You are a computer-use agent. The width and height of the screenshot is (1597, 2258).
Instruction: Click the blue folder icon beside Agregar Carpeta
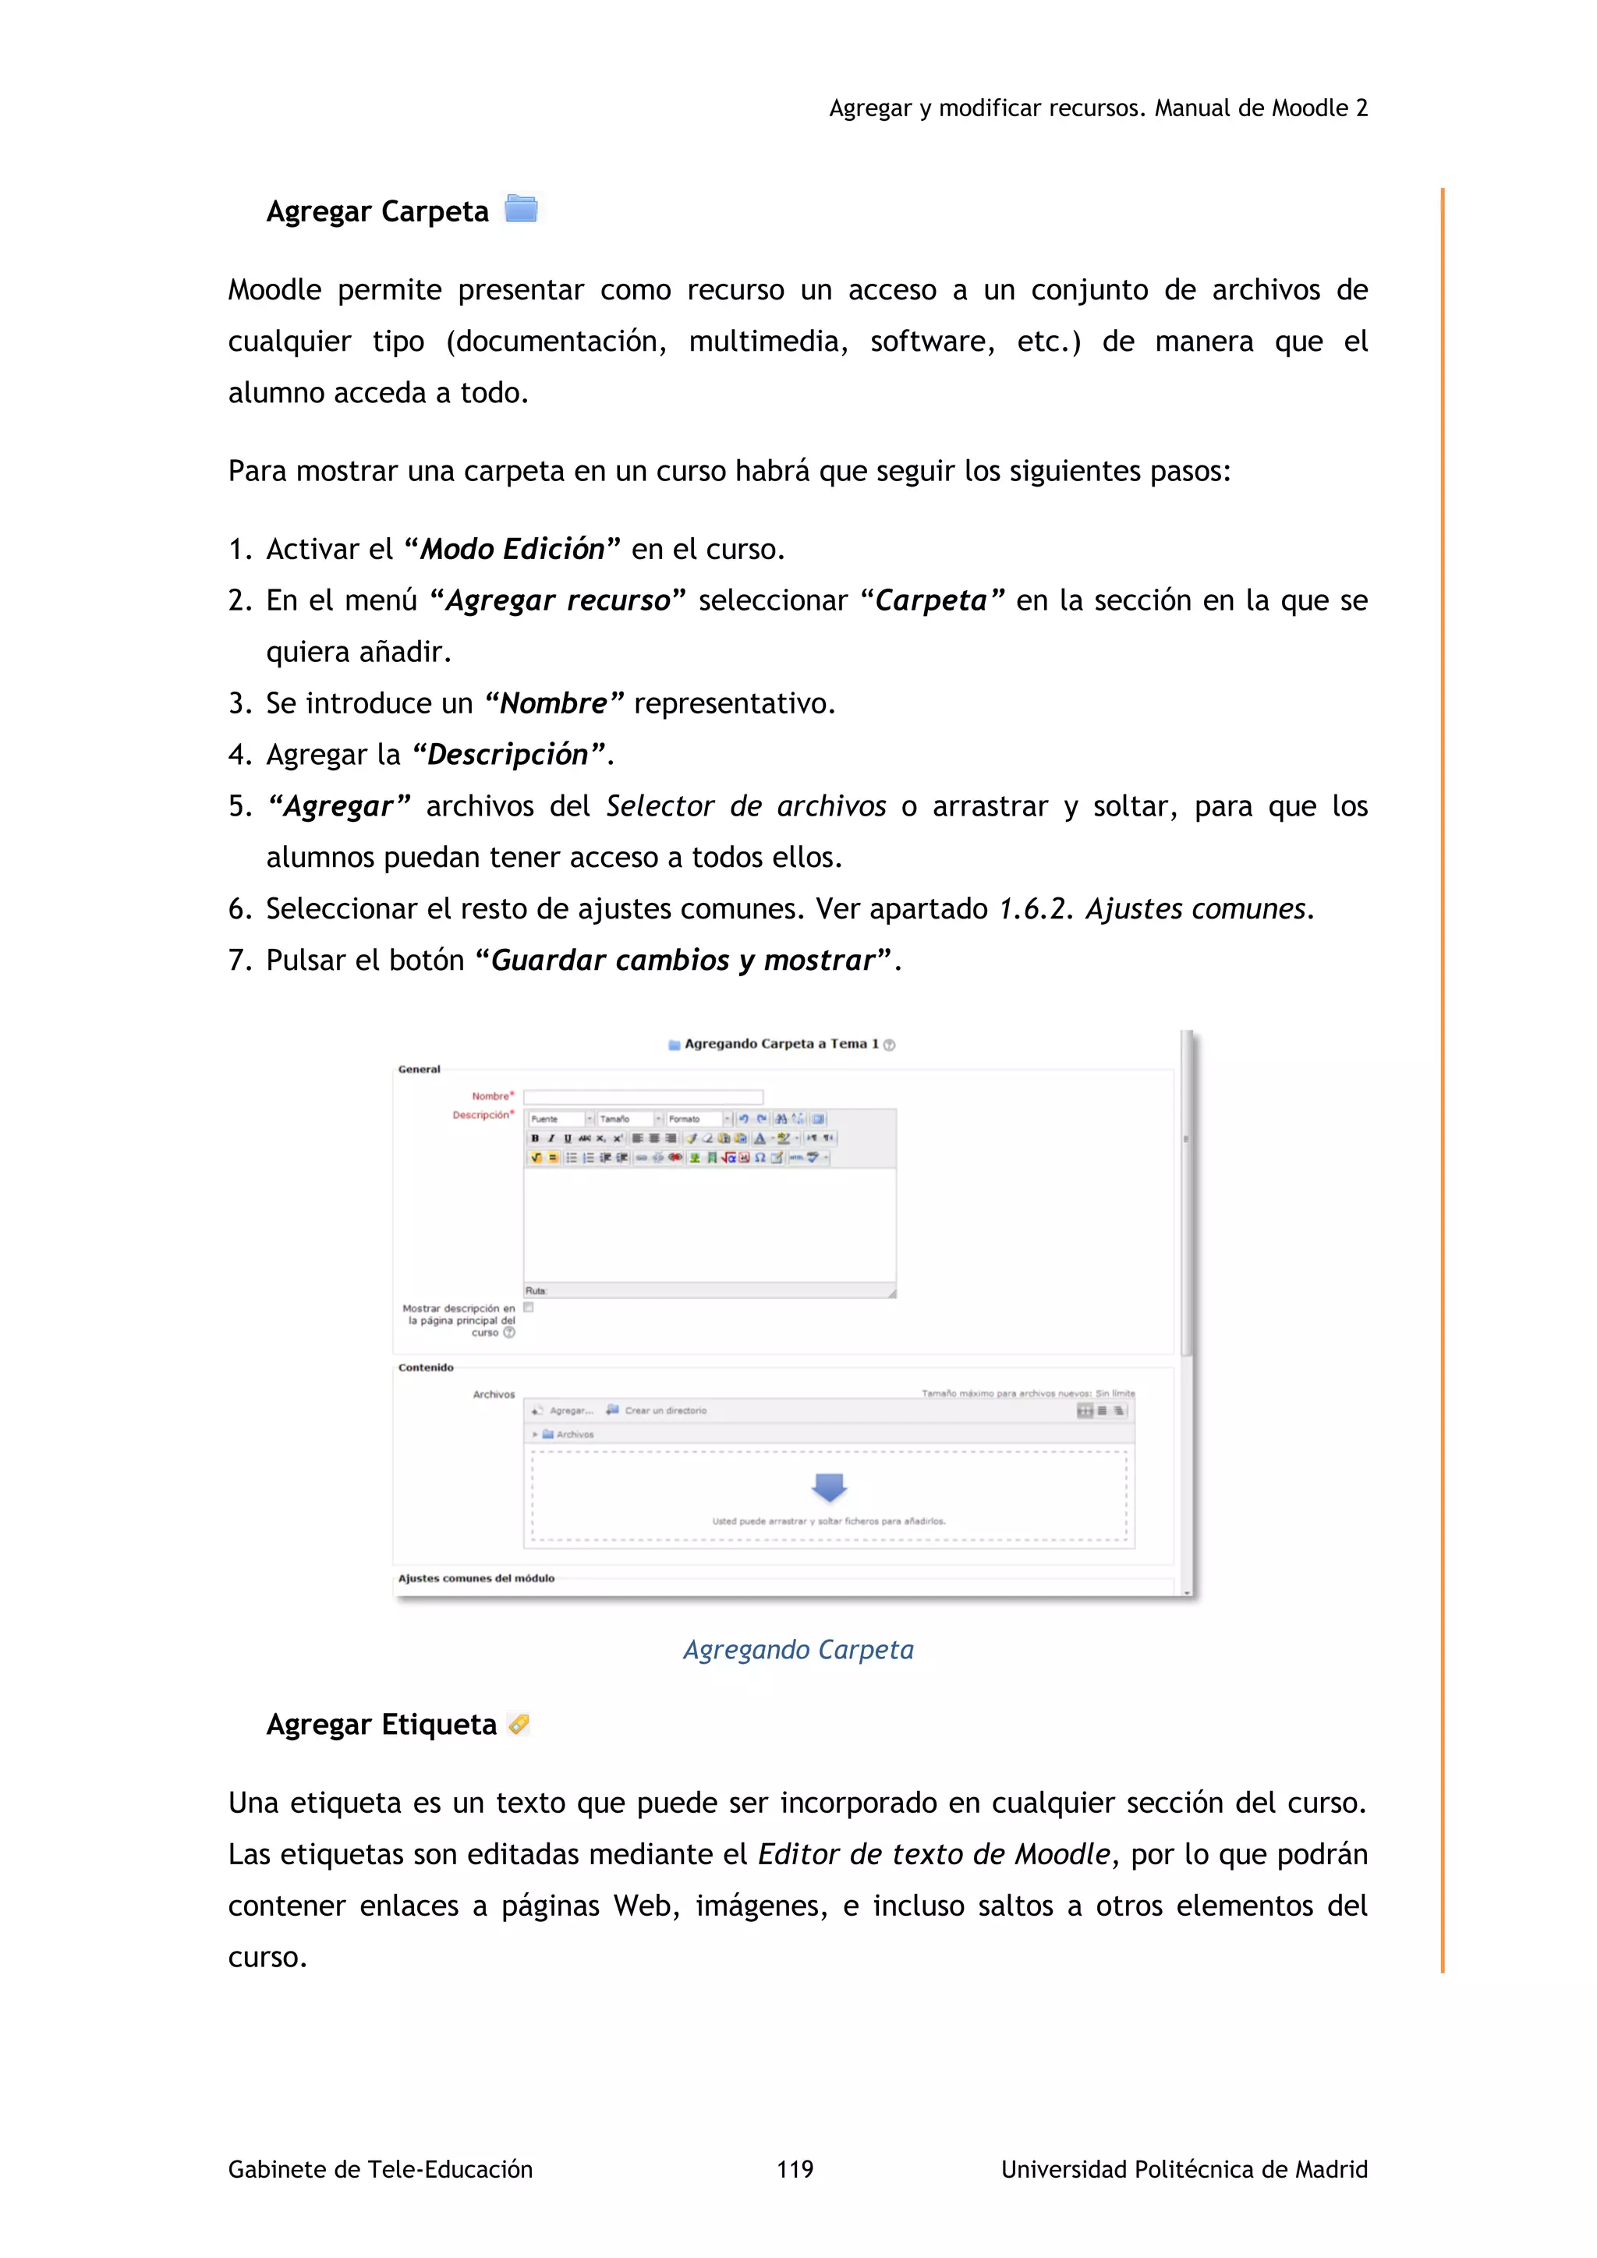pyautogui.click(x=520, y=208)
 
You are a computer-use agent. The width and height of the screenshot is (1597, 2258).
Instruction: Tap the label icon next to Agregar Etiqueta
pyautogui.click(x=519, y=1723)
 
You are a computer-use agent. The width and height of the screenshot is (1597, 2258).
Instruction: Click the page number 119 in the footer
pyautogui.click(x=795, y=2168)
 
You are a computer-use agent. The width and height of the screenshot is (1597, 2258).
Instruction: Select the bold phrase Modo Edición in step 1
pyautogui.click(x=512, y=549)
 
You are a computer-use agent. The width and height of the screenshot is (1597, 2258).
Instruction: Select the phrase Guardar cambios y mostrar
pyautogui.click(x=682, y=960)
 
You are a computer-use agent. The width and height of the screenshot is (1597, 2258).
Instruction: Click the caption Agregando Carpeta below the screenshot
pyautogui.click(x=798, y=1649)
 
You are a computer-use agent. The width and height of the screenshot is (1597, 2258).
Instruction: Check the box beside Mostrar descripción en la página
pyautogui.click(x=528, y=1307)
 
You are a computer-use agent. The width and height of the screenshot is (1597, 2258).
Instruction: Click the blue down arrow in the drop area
pyautogui.click(x=829, y=1486)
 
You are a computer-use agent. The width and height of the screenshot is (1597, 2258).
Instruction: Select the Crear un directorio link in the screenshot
pyautogui.click(x=664, y=1410)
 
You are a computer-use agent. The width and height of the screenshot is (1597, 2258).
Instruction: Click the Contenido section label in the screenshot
pyautogui.click(x=426, y=1367)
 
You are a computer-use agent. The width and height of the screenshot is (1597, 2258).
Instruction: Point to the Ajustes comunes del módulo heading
pyautogui.click(x=476, y=1577)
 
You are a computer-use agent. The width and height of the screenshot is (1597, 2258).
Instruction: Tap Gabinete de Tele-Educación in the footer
pyautogui.click(x=380, y=2168)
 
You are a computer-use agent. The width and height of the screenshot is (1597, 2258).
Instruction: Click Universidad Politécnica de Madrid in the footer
pyautogui.click(x=1183, y=2168)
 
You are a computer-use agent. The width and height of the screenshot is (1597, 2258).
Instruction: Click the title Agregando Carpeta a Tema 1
pyautogui.click(x=781, y=1043)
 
